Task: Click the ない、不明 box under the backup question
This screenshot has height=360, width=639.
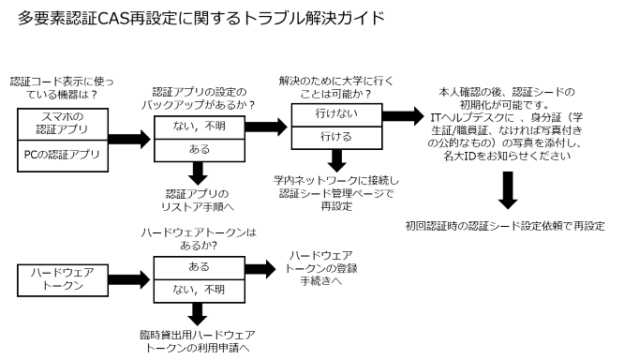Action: tap(198, 127)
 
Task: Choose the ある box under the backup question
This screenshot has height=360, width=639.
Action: tap(198, 150)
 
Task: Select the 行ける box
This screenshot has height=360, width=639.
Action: tap(334, 137)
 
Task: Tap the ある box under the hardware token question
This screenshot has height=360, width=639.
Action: tap(198, 266)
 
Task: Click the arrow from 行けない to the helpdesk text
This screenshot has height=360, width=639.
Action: tap(403, 116)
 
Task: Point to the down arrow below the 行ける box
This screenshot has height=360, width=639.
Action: tap(335, 160)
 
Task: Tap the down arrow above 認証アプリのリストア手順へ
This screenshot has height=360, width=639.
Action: tap(198, 173)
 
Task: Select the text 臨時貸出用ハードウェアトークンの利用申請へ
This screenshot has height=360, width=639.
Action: tap(198, 340)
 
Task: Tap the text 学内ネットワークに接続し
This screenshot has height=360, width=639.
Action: tap(335, 180)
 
